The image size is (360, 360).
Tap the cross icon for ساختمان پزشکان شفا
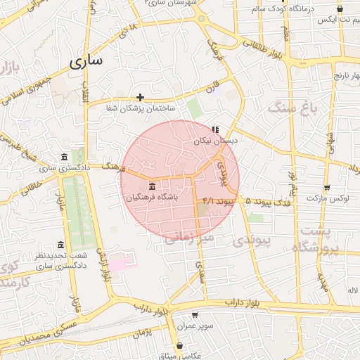141,97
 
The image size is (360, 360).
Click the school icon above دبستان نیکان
215,129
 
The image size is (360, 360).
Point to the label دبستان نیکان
217,141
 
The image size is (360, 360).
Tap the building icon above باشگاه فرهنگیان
153,186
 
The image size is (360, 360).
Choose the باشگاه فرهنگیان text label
152,198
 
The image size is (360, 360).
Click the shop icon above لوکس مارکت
327,187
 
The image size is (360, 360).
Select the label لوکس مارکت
328,198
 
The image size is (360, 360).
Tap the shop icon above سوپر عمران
195,315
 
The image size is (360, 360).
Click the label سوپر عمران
195,326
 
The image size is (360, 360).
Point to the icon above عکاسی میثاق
181,345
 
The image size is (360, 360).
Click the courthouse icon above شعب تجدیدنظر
60,245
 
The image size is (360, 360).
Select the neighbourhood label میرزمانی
189,238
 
